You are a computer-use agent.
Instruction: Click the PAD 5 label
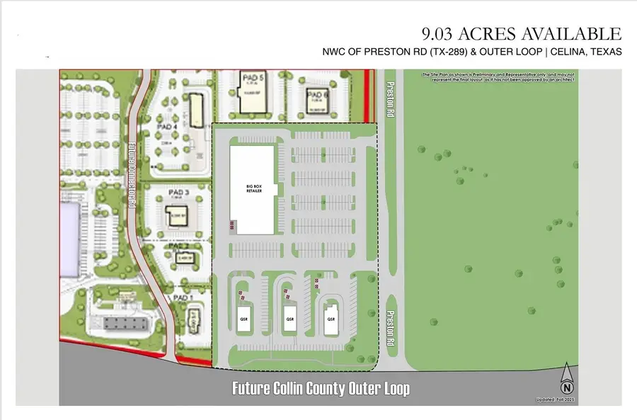pyautogui.click(x=251, y=78)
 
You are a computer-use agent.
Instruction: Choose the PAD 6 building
pyautogui.click(x=316, y=102)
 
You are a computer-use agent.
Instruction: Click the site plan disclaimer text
pyautogui.click(x=500, y=76)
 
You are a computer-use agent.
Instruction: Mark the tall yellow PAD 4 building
pyautogui.click(x=195, y=111)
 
